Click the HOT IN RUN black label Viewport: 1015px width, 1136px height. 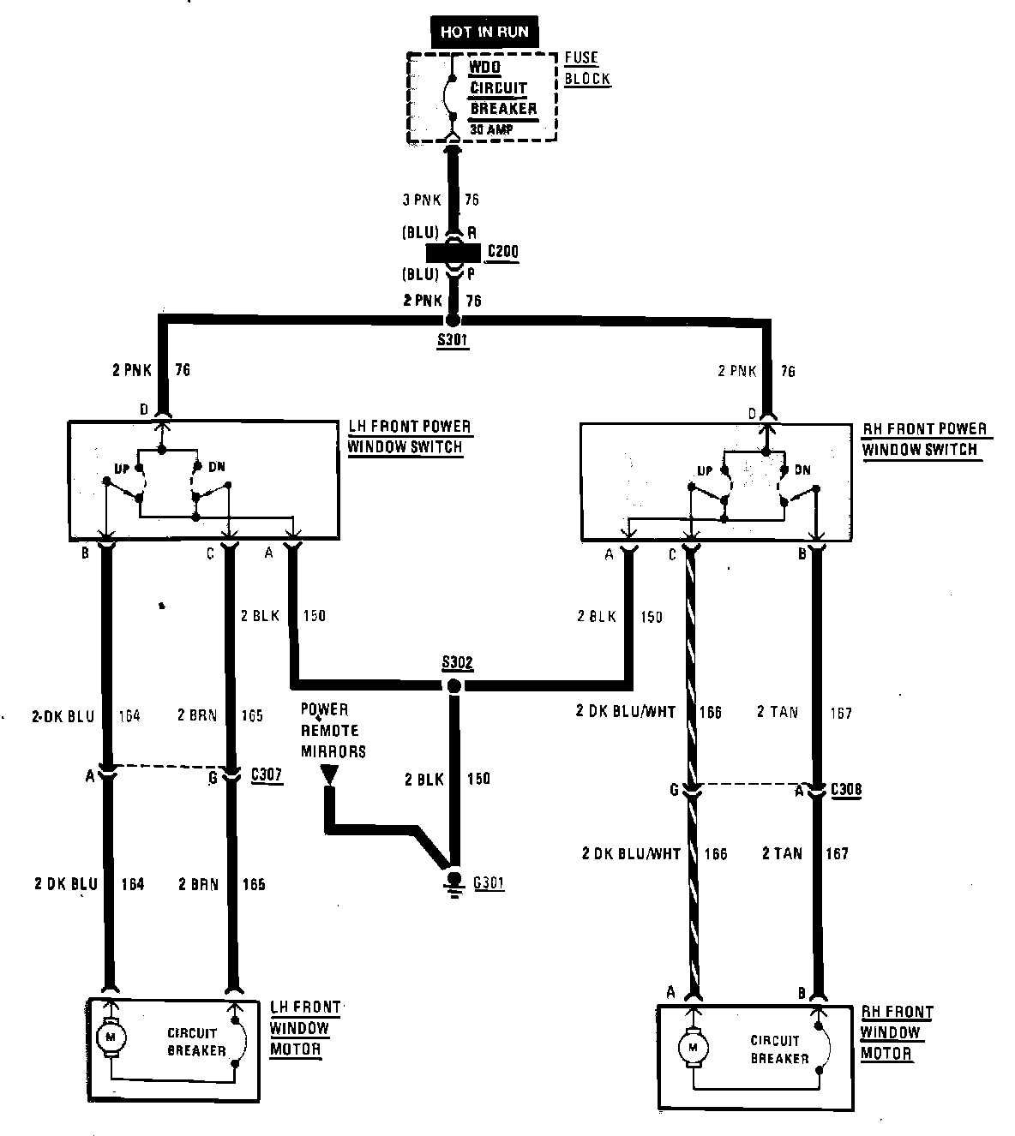[x=484, y=33]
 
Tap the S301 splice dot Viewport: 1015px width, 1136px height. [x=453, y=320]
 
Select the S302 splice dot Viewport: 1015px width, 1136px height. [x=454, y=685]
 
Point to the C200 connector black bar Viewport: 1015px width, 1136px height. [x=454, y=254]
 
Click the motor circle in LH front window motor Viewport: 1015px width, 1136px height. [x=110, y=1037]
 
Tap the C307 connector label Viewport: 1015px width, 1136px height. [x=266, y=775]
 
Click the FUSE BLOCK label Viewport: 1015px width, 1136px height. [x=586, y=69]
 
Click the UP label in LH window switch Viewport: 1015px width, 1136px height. [x=123, y=469]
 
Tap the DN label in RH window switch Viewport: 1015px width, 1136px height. [x=802, y=470]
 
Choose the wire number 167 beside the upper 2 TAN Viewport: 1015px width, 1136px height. [x=840, y=713]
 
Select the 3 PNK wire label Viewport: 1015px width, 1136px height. [x=421, y=200]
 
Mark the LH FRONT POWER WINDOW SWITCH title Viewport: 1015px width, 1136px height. [x=410, y=436]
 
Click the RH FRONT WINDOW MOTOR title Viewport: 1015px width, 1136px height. [x=897, y=1032]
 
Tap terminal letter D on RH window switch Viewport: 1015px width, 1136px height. [x=752, y=414]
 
